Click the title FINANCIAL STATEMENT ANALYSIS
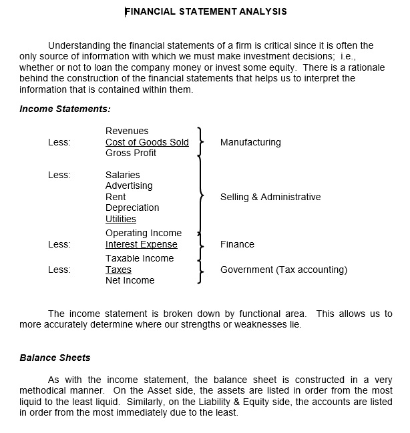(x=206, y=11)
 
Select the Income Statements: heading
(x=65, y=109)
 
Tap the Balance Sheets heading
(x=55, y=358)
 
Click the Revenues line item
(x=127, y=131)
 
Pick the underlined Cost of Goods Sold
(x=147, y=142)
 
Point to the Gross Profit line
(x=131, y=153)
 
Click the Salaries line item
(x=123, y=175)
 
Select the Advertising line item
(x=129, y=185)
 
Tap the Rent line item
(x=116, y=197)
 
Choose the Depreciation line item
(x=132, y=207)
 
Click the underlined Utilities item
(x=121, y=219)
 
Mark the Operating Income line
(x=144, y=233)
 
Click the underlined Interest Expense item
(x=142, y=244)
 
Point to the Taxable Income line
(x=140, y=258)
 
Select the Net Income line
(x=130, y=280)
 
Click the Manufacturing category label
(x=250, y=142)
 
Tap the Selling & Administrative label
(x=270, y=197)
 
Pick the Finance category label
(x=237, y=244)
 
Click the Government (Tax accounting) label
(x=284, y=270)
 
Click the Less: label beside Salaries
(x=59, y=175)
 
